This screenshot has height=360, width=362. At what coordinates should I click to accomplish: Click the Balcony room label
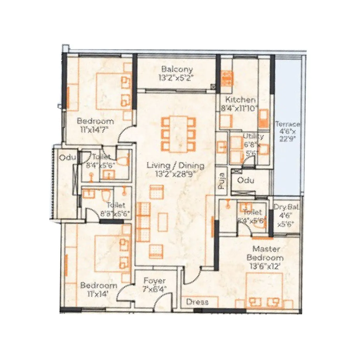177,70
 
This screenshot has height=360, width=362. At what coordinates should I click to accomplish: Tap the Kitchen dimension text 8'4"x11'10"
240,108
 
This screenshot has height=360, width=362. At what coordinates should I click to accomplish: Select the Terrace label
288,124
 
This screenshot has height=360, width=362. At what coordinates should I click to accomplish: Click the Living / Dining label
175,166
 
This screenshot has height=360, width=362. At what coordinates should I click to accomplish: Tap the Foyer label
155,281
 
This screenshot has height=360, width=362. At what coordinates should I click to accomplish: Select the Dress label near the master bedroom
197,302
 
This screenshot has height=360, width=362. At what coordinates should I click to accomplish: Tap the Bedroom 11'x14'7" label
95,121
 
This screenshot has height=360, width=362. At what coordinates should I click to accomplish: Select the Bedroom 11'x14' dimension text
99,293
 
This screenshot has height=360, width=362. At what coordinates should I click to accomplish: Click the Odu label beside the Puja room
246,180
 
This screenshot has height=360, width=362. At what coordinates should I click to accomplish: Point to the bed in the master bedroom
264,289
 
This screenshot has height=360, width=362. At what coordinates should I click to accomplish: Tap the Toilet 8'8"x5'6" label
116,205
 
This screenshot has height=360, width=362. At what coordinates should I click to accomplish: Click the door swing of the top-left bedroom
127,133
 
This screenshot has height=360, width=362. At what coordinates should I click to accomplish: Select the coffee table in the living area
163,222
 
